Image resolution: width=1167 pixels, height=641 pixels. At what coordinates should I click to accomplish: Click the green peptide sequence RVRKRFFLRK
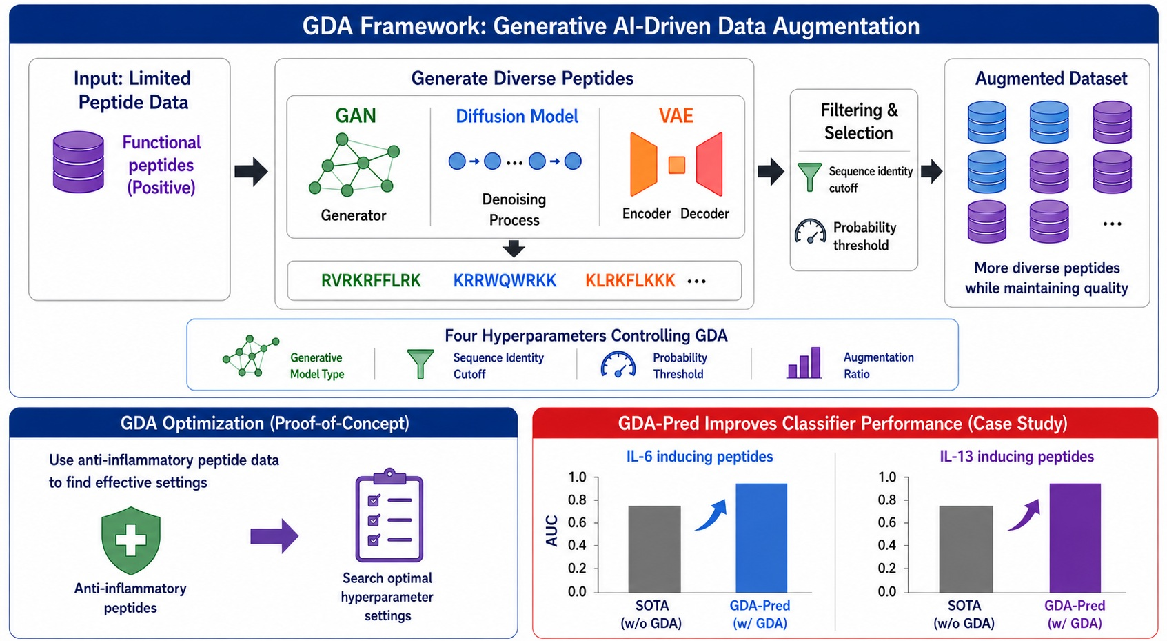370,281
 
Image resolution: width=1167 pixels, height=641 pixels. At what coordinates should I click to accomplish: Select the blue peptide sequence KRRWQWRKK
505,281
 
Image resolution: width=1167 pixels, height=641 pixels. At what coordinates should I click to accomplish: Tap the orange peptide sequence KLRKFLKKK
630,281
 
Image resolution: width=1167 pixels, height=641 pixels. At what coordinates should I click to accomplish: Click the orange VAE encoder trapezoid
643,164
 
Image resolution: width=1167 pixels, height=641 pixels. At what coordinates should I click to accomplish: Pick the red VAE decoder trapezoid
709,164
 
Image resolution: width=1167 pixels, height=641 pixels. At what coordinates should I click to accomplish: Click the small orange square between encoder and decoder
677,165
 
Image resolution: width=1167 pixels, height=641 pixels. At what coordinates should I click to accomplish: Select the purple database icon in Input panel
79,162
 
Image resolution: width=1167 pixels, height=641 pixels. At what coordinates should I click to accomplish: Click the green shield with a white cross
130,540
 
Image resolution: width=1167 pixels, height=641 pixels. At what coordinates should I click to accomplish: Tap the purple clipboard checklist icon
389,515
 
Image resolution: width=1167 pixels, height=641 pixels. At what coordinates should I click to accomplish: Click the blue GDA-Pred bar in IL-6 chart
761,538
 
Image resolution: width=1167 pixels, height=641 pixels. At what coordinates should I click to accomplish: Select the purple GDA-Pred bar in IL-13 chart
1075,538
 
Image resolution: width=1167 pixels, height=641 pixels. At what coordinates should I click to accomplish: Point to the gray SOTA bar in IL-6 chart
654,549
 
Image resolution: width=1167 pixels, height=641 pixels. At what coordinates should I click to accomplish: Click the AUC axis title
551,531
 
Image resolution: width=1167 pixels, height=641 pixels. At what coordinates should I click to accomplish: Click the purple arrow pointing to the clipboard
274,535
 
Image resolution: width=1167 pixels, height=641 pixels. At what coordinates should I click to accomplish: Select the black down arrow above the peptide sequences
514,249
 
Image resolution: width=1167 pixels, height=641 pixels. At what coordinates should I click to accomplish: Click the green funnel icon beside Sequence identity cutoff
810,177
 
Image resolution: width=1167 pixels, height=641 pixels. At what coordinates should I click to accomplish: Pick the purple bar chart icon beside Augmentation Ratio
804,362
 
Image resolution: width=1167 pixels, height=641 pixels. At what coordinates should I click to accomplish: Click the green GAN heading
355,115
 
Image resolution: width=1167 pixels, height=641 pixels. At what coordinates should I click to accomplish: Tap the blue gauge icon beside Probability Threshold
618,364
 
